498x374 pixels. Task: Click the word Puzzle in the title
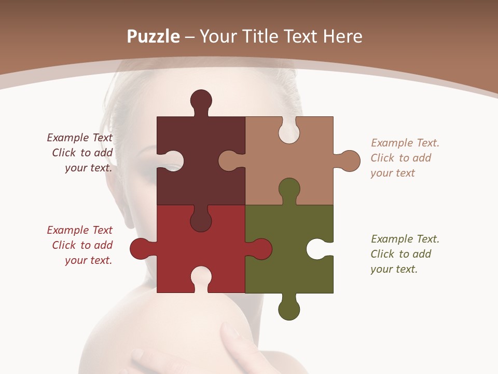pyautogui.click(x=154, y=36)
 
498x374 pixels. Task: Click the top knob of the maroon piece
pyautogui.click(x=201, y=100)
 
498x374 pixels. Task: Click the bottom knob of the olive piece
pyautogui.click(x=289, y=310)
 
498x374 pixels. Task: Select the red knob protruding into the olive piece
pyautogui.click(x=262, y=248)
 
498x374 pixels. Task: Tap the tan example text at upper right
pyautogui.click(x=405, y=158)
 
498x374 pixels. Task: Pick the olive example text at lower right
pyautogui.click(x=405, y=254)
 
